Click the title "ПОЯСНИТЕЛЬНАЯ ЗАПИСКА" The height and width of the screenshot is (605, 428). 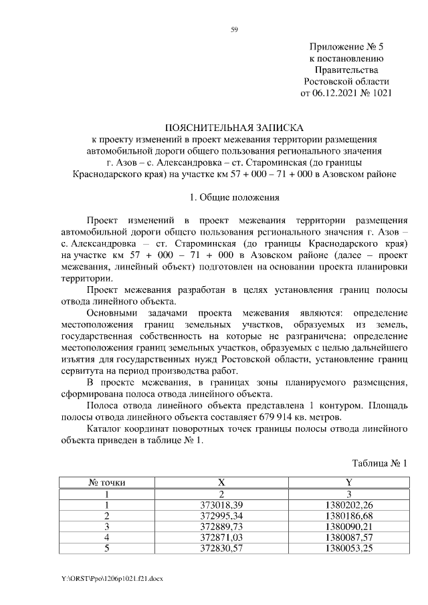click(234, 127)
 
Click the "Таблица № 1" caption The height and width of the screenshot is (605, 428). click(379, 463)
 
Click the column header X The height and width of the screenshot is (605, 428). click(221, 482)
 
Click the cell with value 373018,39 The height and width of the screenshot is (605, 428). click(221, 505)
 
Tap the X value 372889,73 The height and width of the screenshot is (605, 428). click(221, 527)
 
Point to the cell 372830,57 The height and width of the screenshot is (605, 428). click(221, 550)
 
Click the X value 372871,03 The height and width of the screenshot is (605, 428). click(221, 539)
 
